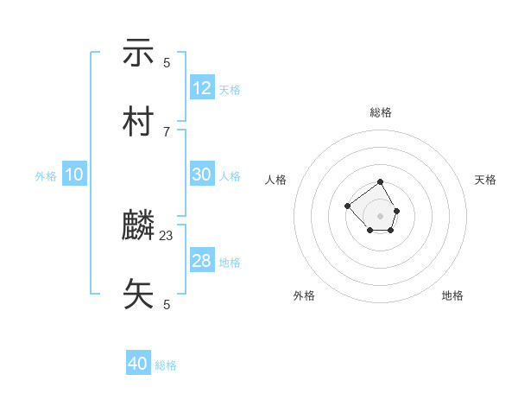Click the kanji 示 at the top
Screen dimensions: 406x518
pos(138,54)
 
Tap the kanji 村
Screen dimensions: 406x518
pos(138,123)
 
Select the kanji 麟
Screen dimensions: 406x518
pos(138,226)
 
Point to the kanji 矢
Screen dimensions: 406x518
pos(138,295)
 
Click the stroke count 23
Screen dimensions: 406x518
pos(167,235)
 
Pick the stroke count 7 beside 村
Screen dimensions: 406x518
pos(167,131)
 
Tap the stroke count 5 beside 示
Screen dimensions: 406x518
pos(167,62)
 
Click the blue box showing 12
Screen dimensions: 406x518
pos(202,88)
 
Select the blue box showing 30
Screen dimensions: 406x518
pos(202,174)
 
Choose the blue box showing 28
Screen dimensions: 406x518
pos(202,261)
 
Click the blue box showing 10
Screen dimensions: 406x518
pos(74,174)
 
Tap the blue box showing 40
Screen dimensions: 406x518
pos(138,364)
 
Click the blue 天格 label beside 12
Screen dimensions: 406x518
pos(230,90)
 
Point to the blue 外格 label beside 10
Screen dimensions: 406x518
pos(46,176)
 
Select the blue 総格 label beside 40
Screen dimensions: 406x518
pos(166,365)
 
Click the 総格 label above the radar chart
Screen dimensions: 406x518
pos(381,112)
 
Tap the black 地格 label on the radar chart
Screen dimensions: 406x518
pos(452,295)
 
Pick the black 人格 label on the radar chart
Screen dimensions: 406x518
pos(276,180)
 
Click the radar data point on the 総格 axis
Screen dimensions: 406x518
pos(381,183)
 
